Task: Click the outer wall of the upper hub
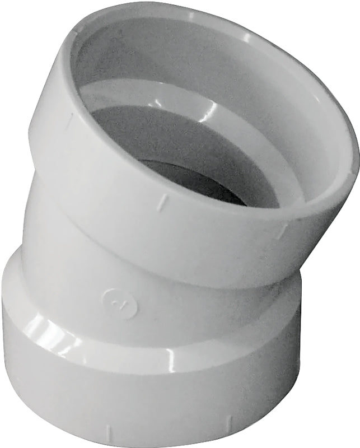click(x=101, y=185)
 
